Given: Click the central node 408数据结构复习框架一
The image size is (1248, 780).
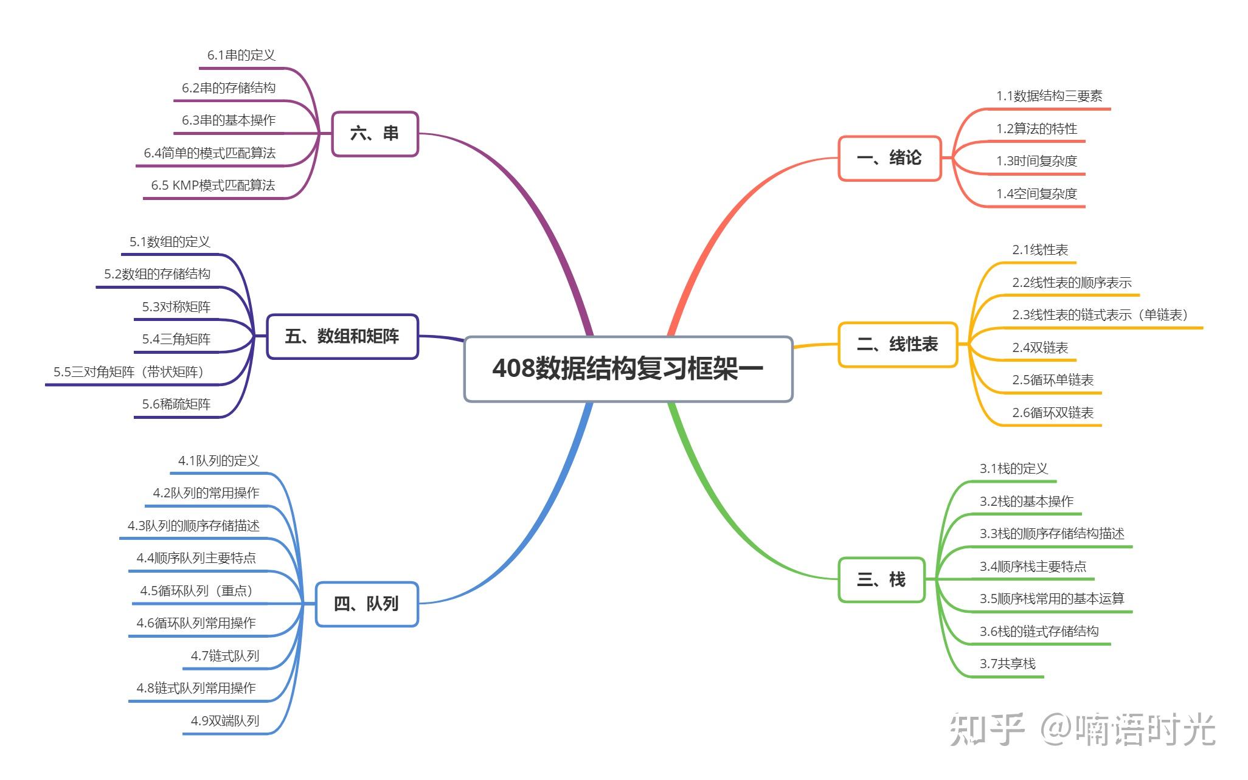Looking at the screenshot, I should click(x=628, y=368).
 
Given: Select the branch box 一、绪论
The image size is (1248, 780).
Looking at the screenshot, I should click(x=889, y=158).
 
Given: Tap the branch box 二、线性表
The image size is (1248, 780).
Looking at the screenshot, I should click(x=898, y=345).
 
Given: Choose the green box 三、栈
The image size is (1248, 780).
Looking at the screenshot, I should click(x=881, y=579).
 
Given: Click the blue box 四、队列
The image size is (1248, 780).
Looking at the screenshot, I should click(x=367, y=604).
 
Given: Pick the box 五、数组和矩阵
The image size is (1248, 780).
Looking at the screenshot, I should click(x=342, y=336).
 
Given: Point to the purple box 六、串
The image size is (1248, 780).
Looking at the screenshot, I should click(x=375, y=134).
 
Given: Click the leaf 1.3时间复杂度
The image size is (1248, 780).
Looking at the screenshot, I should click(x=1036, y=161).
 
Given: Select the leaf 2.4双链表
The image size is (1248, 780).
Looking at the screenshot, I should click(x=1040, y=348).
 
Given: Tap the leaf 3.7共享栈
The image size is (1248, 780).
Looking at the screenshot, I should click(x=1007, y=664).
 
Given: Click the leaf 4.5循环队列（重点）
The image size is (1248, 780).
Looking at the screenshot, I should click(x=196, y=591).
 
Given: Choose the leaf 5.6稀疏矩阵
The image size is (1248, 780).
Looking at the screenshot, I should click(x=176, y=404).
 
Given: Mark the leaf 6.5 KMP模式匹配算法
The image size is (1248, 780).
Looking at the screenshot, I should click(x=213, y=185).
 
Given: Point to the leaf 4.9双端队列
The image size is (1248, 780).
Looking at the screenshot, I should click(x=225, y=721).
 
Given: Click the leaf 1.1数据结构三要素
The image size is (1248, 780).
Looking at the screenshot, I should click(x=1049, y=96).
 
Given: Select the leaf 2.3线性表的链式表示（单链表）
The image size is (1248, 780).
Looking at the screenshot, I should click(x=1100, y=315).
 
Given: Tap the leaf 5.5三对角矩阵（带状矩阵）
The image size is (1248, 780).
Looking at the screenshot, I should click(x=129, y=372).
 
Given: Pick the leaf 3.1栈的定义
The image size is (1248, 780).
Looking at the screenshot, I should click(x=1014, y=469).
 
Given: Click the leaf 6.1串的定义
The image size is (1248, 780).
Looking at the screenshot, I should click(x=241, y=55).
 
